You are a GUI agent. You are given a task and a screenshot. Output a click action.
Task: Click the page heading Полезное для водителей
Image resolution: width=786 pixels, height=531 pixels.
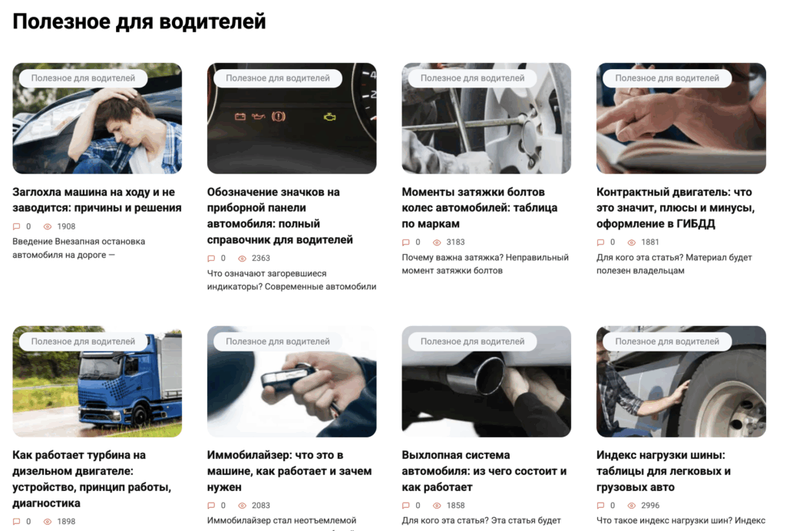click(x=139, y=22)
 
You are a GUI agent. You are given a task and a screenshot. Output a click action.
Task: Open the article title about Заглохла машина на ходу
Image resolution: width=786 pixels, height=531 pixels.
click(x=97, y=200)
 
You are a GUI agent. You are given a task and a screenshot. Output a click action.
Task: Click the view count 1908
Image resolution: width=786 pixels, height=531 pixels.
click(x=66, y=226)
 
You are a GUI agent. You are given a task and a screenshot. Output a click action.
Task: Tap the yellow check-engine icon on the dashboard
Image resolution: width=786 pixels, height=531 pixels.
click(x=330, y=117)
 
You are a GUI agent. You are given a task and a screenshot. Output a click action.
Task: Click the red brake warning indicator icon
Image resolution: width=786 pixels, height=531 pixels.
click(x=278, y=117)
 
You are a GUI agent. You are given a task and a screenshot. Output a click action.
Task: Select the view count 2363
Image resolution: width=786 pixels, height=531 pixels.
click(x=261, y=258)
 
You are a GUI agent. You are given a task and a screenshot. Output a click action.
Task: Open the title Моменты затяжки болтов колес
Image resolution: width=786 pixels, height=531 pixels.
click(x=479, y=208)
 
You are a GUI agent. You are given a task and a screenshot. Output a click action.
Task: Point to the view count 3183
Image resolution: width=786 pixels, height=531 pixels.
click(x=456, y=242)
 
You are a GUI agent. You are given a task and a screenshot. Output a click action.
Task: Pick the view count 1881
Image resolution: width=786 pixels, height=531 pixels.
click(x=650, y=242)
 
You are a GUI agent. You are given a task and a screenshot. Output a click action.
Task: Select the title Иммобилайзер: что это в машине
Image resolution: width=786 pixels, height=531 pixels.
click(x=289, y=471)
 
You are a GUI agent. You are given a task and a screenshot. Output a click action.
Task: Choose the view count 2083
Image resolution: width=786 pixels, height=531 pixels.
click(x=261, y=506)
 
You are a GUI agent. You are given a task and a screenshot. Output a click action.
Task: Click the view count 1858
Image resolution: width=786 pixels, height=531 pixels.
click(x=456, y=506)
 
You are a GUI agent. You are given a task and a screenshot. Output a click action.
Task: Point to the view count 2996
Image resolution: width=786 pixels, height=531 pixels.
click(x=650, y=506)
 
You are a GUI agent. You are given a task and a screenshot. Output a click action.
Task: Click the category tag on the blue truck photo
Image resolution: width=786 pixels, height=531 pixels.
click(x=83, y=341)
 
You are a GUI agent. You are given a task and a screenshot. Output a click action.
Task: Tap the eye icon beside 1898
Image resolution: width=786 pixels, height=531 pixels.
click(x=48, y=522)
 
